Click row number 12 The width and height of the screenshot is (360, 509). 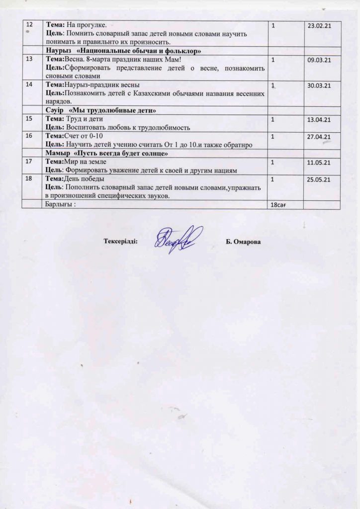pyautogui.click(x=29, y=24)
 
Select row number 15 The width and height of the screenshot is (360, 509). pyautogui.click(x=29, y=119)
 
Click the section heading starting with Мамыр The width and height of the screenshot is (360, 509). pyautogui.click(x=106, y=154)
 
